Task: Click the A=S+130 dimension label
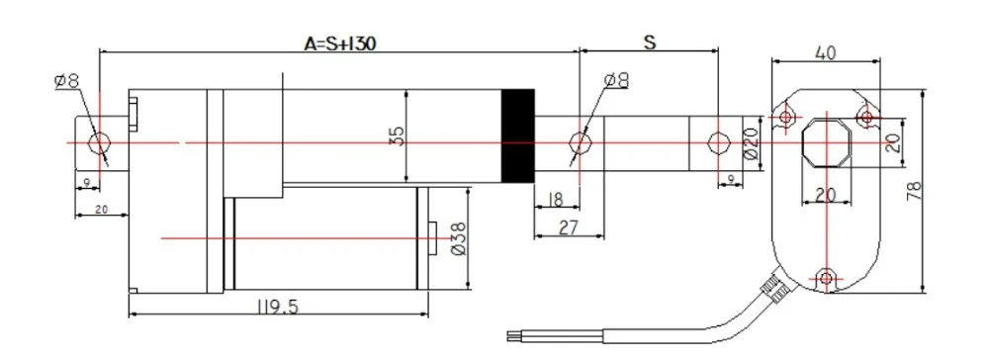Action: tap(340, 44)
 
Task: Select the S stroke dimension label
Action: tap(650, 43)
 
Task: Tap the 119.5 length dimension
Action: tap(278, 307)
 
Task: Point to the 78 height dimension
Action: tap(913, 191)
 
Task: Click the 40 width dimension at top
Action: tap(826, 52)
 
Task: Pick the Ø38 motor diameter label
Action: tap(458, 238)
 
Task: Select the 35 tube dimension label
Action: tap(397, 136)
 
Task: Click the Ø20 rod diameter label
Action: tap(750, 143)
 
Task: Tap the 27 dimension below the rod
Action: tap(568, 227)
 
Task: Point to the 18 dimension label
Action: tap(555, 200)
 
